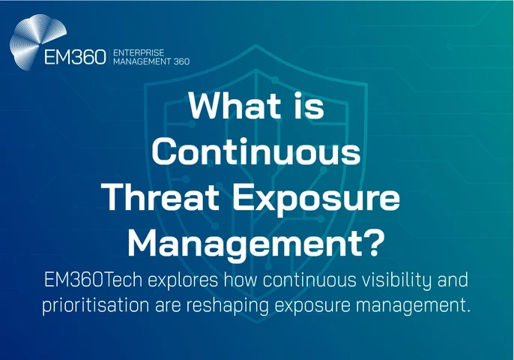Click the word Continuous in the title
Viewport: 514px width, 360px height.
[257, 154]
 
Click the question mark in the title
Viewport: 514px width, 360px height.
[375, 242]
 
